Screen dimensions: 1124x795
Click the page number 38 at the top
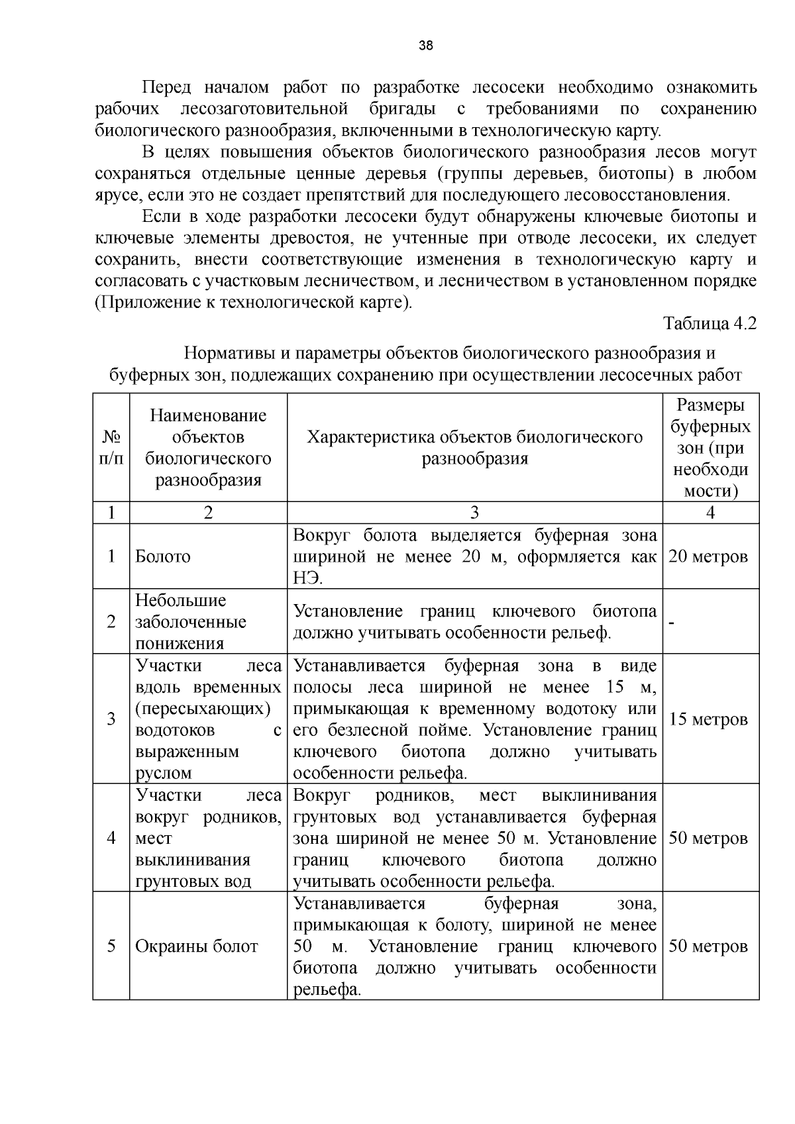point(425,46)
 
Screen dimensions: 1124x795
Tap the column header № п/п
point(111,448)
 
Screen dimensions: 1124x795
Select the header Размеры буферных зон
point(710,448)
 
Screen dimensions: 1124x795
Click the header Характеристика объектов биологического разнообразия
point(474,448)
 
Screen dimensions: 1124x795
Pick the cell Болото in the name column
point(163,556)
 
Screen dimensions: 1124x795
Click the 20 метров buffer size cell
point(708,556)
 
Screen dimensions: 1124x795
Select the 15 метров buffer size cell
point(708,719)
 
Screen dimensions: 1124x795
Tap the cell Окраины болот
point(196,946)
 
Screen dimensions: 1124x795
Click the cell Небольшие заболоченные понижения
point(191,622)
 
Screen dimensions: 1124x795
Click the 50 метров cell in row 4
point(708,839)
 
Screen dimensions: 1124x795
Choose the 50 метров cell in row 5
point(708,946)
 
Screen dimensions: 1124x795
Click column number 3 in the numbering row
point(474,513)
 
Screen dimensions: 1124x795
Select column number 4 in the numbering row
point(710,513)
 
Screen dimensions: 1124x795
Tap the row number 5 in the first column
point(111,946)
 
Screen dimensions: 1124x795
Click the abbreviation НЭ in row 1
point(307,578)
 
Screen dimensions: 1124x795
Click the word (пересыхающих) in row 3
point(203,709)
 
